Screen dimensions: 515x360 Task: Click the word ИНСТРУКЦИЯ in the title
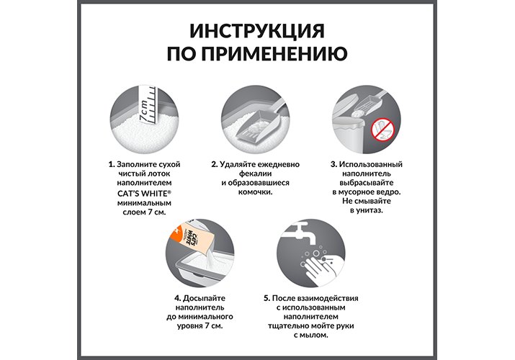point(257,31)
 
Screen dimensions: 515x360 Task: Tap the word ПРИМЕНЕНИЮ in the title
point(274,54)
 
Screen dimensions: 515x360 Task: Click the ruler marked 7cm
point(147,104)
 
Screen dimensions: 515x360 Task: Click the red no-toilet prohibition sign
point(382,129)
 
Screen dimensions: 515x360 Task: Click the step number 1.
point(112,164)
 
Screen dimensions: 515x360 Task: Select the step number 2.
point(215,164)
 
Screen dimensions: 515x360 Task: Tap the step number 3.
point(333,164)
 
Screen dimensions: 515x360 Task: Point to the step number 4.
point(178,298)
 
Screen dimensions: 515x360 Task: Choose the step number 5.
point(267,298)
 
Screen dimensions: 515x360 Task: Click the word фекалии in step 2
point(255,174)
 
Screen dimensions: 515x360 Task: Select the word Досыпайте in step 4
point(204,299)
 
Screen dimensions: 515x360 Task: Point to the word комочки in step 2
point(255,192)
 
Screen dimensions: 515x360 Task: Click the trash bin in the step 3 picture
point(349,135)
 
